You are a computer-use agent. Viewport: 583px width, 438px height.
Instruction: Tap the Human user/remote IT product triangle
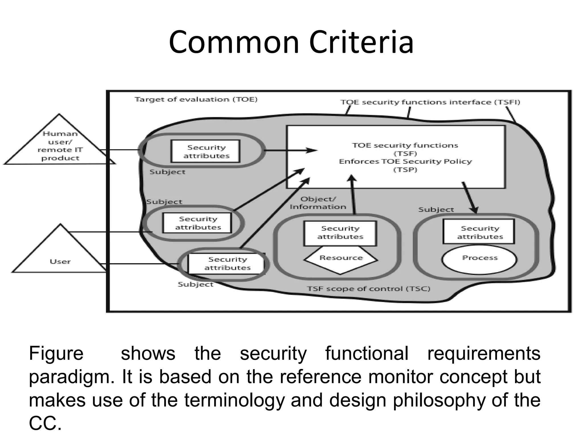click(x=60, y=145)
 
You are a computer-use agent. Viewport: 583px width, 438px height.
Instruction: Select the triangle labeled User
click(x=60, y=257)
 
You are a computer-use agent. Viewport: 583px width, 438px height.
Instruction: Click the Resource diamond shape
click(x=341, y=259)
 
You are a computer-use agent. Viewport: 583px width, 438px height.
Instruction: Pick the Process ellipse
click(x=479, y=259)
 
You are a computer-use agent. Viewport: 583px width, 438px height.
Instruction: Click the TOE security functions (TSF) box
click(x=396, y=157)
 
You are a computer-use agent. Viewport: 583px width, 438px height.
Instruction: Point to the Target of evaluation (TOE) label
click(x=196, y=100)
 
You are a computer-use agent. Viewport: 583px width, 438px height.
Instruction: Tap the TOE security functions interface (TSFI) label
click(x=430, y=102)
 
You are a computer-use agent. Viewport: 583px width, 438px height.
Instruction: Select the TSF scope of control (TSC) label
click(x=368, y=289)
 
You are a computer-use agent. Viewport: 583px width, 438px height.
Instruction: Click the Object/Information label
click(x=318, y=203)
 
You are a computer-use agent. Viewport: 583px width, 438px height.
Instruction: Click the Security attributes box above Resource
click(x=340, y=233)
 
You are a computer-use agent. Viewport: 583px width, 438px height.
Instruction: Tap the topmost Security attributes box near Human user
click(x=206, y=151)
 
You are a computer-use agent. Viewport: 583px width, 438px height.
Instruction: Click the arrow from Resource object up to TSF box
click(x=353, y=195)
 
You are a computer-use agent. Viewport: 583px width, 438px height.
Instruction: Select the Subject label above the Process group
click(x=436, y=210)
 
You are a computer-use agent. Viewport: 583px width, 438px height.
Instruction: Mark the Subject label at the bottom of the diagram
click(x=195, y=284)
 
